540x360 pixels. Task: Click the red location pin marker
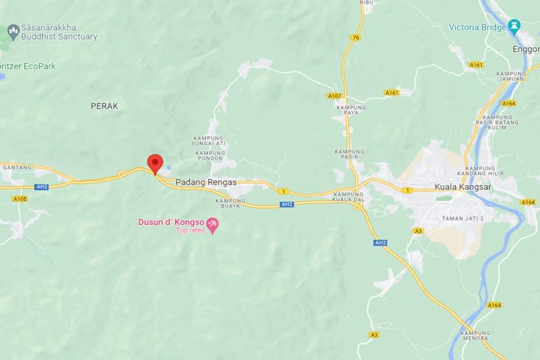click(155, 163)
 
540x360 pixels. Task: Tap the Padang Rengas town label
click(206, 182)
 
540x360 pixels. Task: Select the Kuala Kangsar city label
click(462, 187)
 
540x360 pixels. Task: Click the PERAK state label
click(104, 106)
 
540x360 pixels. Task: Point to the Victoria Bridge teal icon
click(513, 27)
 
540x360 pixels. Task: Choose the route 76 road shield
click(356, 37)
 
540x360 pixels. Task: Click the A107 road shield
click(334, 96)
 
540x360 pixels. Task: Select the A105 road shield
click(19, 199)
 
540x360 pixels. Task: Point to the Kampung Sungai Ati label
click(210, 141)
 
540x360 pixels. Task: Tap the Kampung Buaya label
click(230, 204)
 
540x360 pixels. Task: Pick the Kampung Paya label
click(351, 111)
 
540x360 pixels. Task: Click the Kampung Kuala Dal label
click(348, 198)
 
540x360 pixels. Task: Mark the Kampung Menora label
click(475, 336)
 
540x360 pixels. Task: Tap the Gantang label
click(17, 167)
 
